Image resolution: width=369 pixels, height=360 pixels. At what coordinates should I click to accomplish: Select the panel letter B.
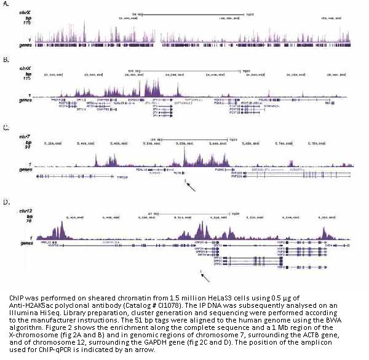(6, 60)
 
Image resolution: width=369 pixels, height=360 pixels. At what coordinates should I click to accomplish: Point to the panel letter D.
(6, 202)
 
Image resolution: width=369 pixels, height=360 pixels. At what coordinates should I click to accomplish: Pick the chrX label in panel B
(24, 69)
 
